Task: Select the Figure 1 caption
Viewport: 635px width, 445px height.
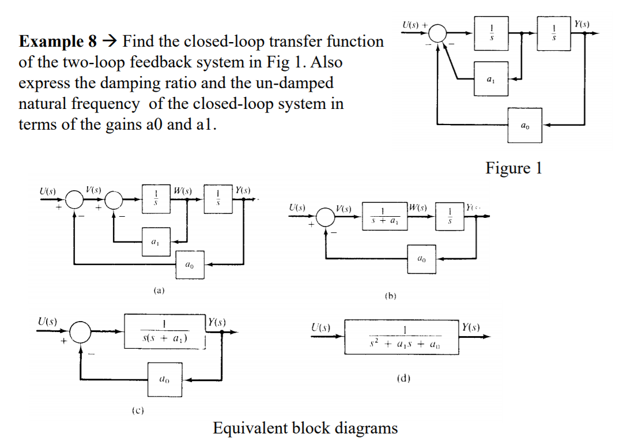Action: (513, 168)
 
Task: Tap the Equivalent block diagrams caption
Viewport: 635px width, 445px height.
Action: (305, 428)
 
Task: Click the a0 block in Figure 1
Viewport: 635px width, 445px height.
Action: (524, 125)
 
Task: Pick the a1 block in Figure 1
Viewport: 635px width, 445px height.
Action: (491, 78)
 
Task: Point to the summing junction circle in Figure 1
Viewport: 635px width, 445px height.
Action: (438, 33)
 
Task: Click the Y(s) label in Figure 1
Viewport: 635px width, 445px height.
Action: (583, 23)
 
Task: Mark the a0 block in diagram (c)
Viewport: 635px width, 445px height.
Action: (165, 380)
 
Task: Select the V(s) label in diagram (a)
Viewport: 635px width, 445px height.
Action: (93, 188)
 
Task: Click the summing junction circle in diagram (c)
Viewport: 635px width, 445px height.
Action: (81, 332)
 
